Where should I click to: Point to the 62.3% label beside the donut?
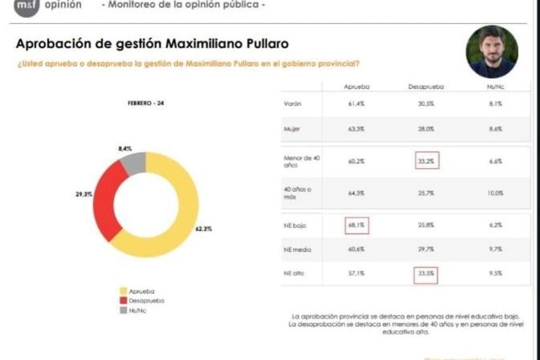pos(204,229)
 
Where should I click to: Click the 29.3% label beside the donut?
pos(84,194)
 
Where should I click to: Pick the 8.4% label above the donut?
pos(124,149)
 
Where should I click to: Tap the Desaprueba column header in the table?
pos(426,88)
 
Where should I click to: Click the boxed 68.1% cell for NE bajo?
pos(356,226)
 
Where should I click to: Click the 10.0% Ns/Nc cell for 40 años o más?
pos(495,193)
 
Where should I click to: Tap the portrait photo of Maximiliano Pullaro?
pos(492,52)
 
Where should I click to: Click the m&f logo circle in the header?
pos(26,6)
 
